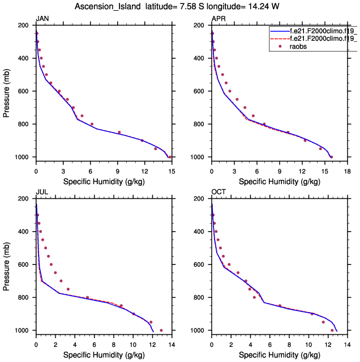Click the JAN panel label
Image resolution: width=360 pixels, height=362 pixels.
point(42,19)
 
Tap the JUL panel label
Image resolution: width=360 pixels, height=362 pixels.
point(41,193)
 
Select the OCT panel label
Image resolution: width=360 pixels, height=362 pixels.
point(218,193)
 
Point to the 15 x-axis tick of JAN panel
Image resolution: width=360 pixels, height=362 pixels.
point(171,168)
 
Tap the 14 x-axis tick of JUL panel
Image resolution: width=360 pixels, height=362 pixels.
point(171,342)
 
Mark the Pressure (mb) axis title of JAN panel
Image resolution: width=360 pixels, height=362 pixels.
point(7,91)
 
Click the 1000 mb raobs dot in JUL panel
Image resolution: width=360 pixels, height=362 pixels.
point(161,330)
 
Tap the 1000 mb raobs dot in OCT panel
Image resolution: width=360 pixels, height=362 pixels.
point(332,330)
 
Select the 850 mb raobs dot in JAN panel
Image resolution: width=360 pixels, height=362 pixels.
point(119,133)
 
